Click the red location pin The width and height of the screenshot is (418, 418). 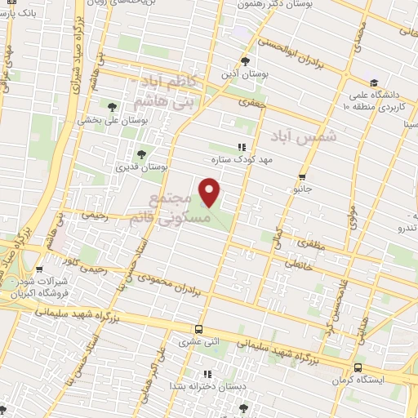pyautogui.click(x=210, y=193)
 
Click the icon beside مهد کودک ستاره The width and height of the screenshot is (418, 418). pyautogui.click(x=240, y=147)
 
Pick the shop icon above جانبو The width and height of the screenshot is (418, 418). pyautogui.click(x=303, y=176)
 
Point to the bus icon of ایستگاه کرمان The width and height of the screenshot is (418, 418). pyautogui.click(x=358, y=368)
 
